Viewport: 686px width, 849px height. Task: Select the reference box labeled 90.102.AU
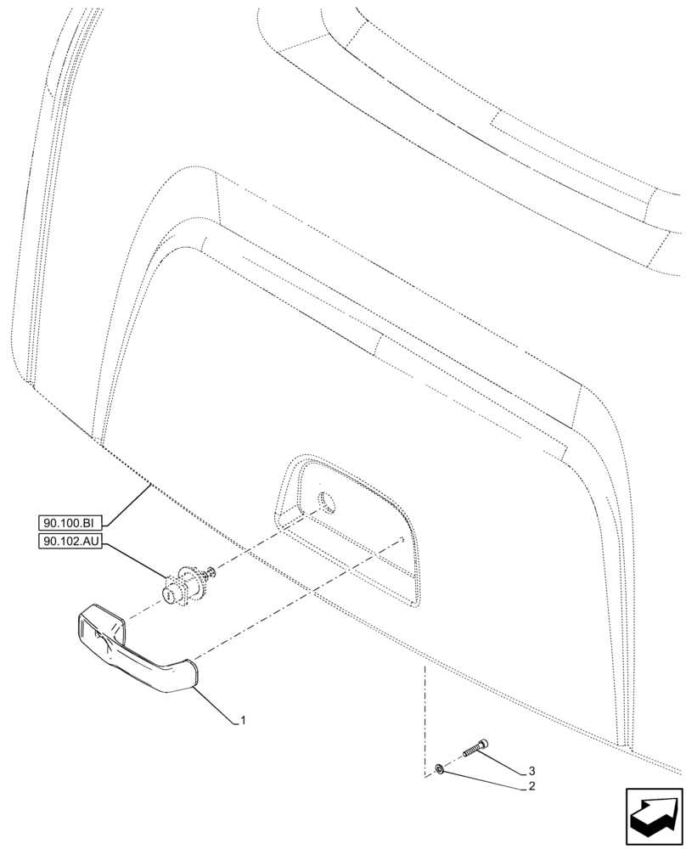70,543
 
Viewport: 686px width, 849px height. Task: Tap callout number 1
244,721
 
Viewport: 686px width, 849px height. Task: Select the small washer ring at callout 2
439,769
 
